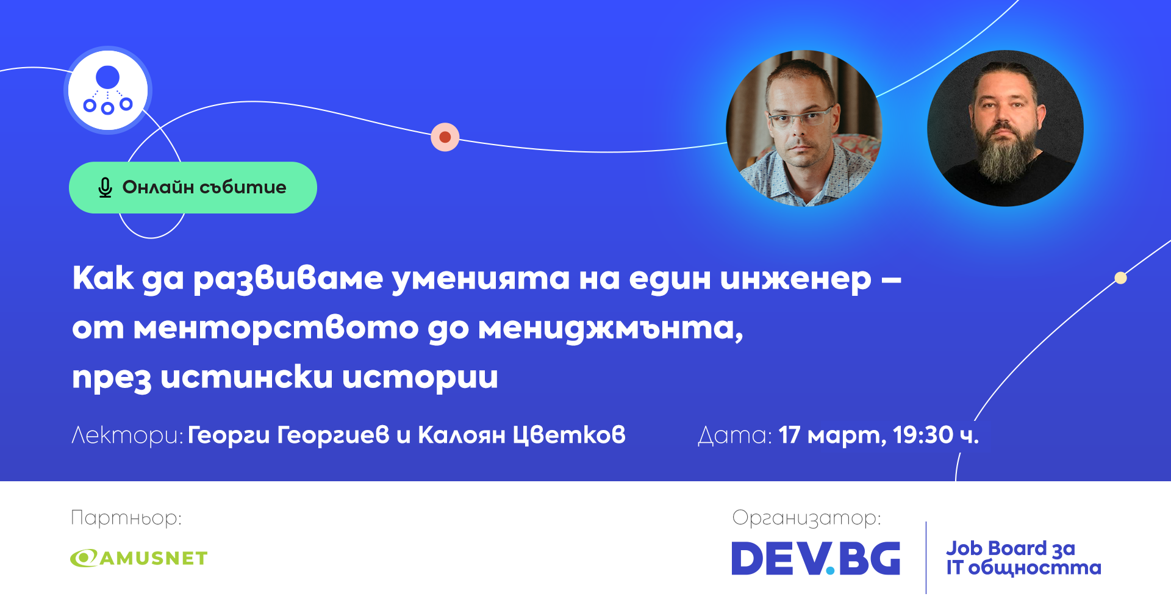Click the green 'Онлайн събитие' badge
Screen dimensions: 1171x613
point(193,187)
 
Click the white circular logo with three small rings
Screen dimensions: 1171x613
point(108,90)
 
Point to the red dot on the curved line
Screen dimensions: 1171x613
point(445,137)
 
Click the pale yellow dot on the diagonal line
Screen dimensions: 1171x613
point(1120,278)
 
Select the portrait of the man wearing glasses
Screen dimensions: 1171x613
point(804,128)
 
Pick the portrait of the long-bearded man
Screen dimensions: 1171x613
point(1005,128)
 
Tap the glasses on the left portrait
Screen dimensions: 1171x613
point(800,117)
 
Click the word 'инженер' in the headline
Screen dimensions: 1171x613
point(795,279)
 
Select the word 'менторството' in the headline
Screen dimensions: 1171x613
point(276,328)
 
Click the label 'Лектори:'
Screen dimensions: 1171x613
point(127,435)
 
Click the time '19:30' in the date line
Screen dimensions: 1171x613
point(923,435)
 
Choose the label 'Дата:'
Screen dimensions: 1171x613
point(735,436)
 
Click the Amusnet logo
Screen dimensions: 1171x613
point(139,558)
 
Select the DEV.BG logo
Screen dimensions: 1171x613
point(816,558)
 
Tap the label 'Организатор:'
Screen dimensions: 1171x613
point(806,518)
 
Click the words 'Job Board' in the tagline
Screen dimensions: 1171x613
point(996,548)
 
